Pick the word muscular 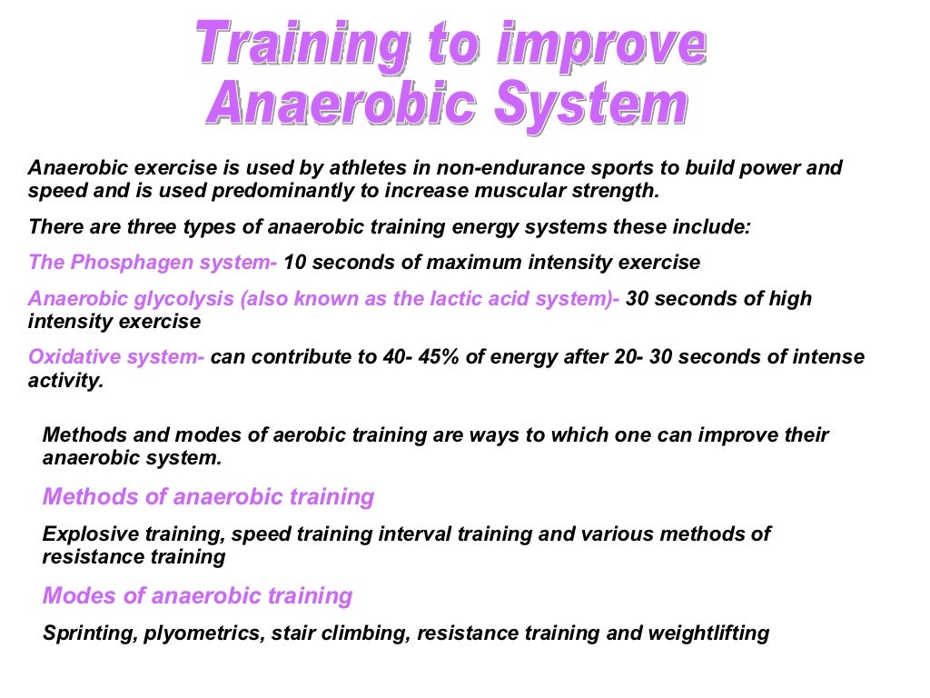click(529, 191)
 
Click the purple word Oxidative click(76, 357)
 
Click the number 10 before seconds click(296, 263)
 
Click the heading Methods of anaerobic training click(208, 496)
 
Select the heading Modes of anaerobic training click(197, 595)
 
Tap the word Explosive click(86, 533)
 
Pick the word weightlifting click(707, 633)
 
